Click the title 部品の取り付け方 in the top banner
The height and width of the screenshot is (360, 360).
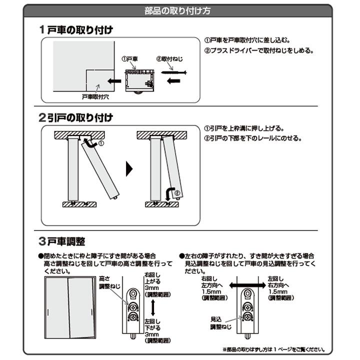180,10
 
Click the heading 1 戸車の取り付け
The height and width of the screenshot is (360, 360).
76,29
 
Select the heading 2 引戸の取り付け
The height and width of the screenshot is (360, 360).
76,118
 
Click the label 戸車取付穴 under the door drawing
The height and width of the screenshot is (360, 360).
95,96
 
